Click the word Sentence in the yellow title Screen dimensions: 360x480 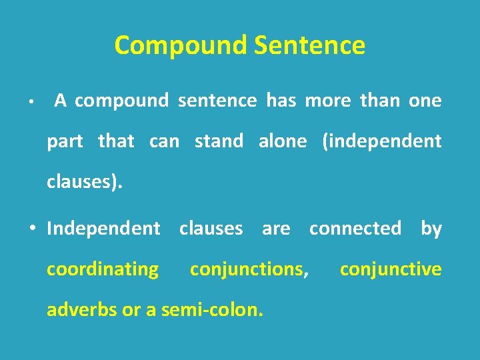pyautogui.click(x=309, y=46)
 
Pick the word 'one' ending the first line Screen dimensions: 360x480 pyautogui.click(x=425, y=101)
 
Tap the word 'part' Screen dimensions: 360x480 pyautogui.click(x=65, y=142)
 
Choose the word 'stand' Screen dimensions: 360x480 pyautogui.click(x=219, y=141)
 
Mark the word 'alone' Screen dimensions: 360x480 pyautogui.click(x=283, y=141)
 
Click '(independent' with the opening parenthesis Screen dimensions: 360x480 pyautogui.click(x=381, y=142)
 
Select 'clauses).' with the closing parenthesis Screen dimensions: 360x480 pyautogui.click(x=85, y=183)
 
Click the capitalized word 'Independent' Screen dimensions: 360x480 pyautogui.click(x=103, y=229)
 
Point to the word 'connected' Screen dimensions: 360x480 pyautogui.click(x=355, y=228)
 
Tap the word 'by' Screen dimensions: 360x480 pyautogui.click(x=431, y=229)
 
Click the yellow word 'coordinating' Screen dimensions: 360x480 pyautogui.click(x=103, y=269)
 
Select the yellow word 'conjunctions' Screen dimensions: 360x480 pyautogui.click(x=247, y=269)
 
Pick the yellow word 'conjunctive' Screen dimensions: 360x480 pyautogui.click(x=391, y=269)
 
